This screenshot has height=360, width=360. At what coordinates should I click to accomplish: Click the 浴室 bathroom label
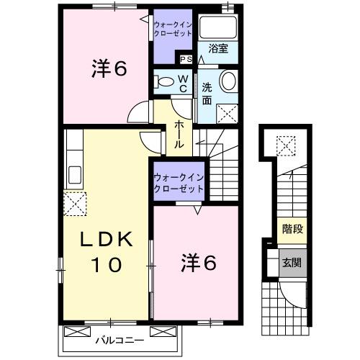tap(218, 50)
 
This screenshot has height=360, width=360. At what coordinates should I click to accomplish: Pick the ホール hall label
tap(178, 133)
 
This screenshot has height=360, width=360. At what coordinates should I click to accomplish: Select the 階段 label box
tap(292, 232)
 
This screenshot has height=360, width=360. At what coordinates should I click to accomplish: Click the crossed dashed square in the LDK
tap(75, 204)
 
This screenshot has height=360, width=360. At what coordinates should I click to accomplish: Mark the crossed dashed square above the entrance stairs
tap(288, 146)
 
